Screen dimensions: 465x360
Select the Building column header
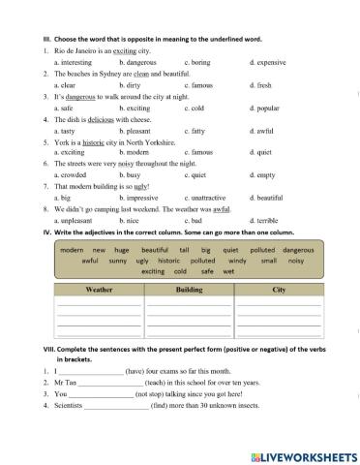pos(189,290)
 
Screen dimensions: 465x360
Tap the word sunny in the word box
pos(119,261)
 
